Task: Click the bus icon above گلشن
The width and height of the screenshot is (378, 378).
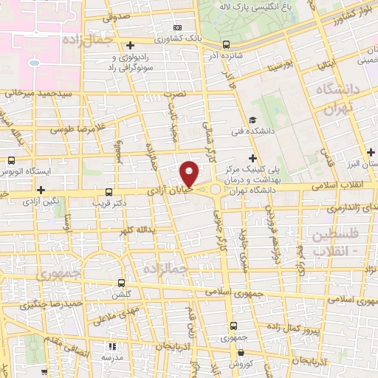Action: click(123, 282)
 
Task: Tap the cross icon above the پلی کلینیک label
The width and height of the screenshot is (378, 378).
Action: click(253, 157)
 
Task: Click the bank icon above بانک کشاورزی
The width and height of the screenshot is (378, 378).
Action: click(176, 27)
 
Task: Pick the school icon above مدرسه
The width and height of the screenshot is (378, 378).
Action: click(111, 346)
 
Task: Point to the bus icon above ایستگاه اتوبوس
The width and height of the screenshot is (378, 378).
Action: click(10, 159)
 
